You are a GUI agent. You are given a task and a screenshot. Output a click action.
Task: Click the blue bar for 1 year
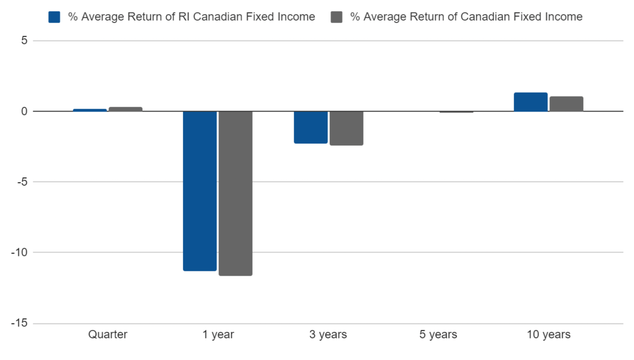tap(200, 191)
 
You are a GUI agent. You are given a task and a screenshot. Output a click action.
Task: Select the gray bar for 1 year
tap(235, 193)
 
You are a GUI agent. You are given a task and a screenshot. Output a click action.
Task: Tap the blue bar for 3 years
tap(311, 127)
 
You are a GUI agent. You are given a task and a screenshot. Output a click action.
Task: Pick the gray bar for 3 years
tap(346, 128)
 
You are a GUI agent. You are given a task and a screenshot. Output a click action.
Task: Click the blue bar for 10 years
tap(531, 102)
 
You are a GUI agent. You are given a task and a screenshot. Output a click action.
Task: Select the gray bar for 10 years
tap(566, 104)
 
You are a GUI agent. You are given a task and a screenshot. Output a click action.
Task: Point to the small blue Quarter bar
tap(90, 110)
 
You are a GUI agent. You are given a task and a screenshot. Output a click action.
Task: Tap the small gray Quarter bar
tap(125, 109)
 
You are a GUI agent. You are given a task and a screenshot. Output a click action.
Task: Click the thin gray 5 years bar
tap(456, 112)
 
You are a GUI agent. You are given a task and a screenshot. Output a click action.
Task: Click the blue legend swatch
tap(54, 17)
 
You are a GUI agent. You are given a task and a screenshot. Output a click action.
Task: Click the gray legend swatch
tap(336, 17)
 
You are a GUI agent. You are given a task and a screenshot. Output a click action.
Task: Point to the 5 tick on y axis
tap(24, 41)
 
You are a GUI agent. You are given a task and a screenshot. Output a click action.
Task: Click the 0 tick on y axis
tap(24, 111)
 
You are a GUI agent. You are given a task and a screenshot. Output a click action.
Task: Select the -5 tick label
tap(22, 182)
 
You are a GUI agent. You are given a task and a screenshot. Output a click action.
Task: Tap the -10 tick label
tap(19, 252)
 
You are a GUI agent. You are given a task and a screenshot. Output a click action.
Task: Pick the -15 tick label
tap(19, 323)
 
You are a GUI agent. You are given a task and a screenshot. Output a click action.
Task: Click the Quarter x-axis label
tap(108, 334)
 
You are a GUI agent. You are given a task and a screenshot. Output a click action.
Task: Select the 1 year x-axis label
tap(218, 334)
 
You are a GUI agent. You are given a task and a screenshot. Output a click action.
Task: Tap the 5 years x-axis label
tap(438, 334)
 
